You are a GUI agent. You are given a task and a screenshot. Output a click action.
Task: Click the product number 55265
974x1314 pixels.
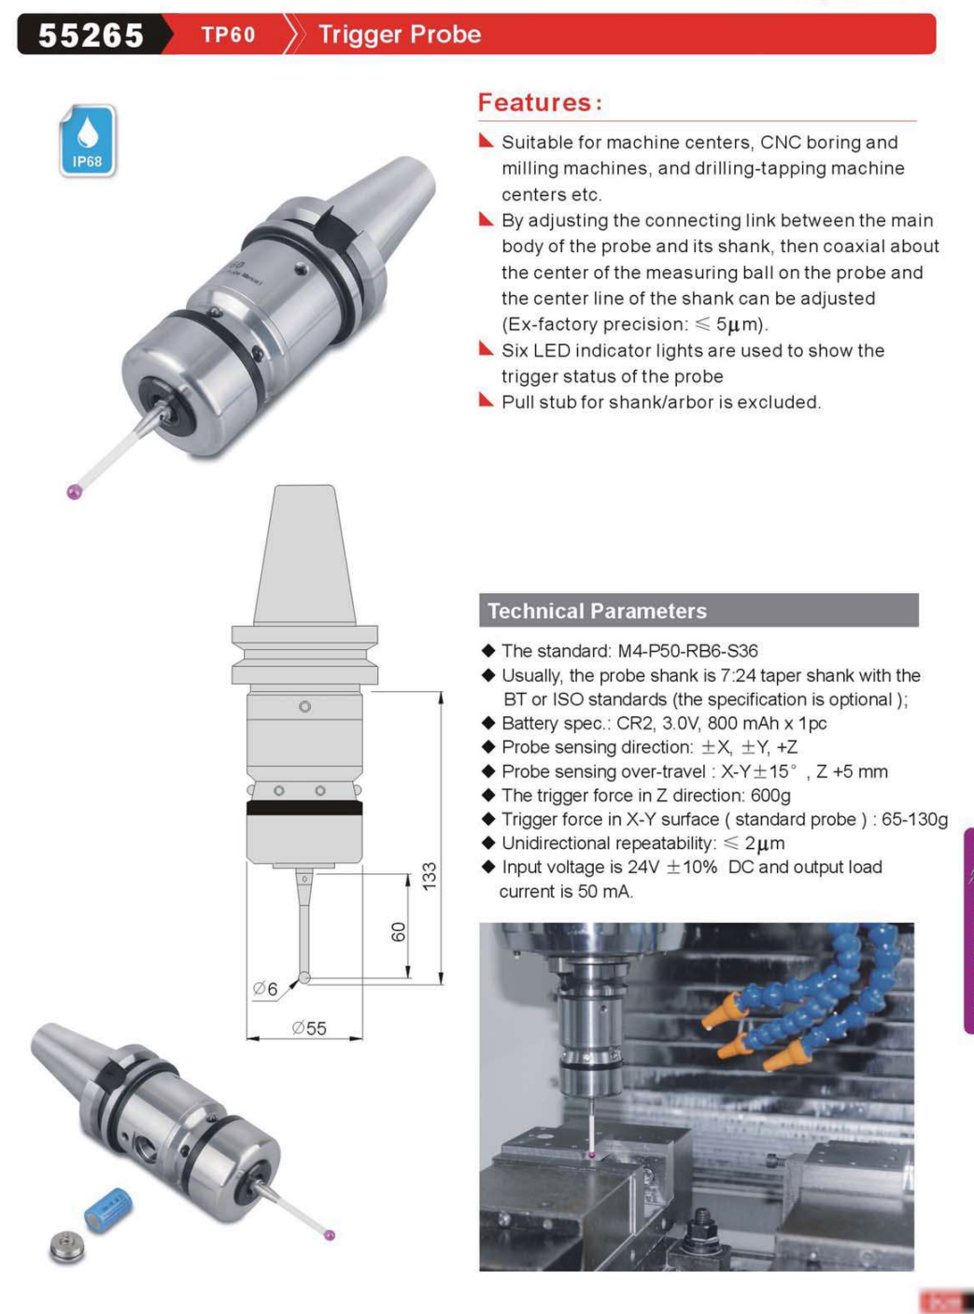pyautogui.click(x=91, y=35)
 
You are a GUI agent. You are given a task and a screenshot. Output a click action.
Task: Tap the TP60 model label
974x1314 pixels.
pyautogui.click(x=228, y=35)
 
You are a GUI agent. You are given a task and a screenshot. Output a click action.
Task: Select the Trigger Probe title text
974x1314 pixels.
pyautogui.click(x=400, y=35)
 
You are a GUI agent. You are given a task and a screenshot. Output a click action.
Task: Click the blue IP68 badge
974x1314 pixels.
pyautogui.click(x=88, y=140)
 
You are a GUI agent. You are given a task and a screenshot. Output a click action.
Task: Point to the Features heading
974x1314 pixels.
pyautogui.click(x=540, y=103)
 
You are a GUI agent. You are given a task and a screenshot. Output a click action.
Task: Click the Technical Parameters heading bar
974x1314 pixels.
pyautogui.click(x=699, y=610)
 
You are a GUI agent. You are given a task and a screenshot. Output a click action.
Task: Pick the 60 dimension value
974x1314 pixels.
pyautogui.click(x=399, y=931)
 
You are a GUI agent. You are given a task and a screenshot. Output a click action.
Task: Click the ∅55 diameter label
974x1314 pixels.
pyautogui.click(x=309, y=1028)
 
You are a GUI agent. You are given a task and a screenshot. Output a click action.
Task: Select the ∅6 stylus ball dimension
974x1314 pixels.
pyautogui.click(x=265, y=989)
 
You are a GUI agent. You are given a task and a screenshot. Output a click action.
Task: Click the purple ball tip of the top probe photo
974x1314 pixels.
pyautogui.click(x=75, y=492)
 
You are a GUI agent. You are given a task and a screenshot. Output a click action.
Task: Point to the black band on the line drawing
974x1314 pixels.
pyautogui.click(x=304, y=808)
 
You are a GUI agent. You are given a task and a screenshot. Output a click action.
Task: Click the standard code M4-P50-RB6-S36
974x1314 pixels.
pyautogui.click(x=687, y=651)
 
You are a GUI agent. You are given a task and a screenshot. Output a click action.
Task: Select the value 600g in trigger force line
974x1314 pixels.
pyautogui.click(x=770, y=795)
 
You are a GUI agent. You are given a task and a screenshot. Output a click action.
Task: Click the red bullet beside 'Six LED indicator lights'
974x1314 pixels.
pyautogui.click(x=486, y=348)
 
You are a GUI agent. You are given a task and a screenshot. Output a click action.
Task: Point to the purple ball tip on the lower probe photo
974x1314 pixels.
pyautogui.click(x=330, y=1236)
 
